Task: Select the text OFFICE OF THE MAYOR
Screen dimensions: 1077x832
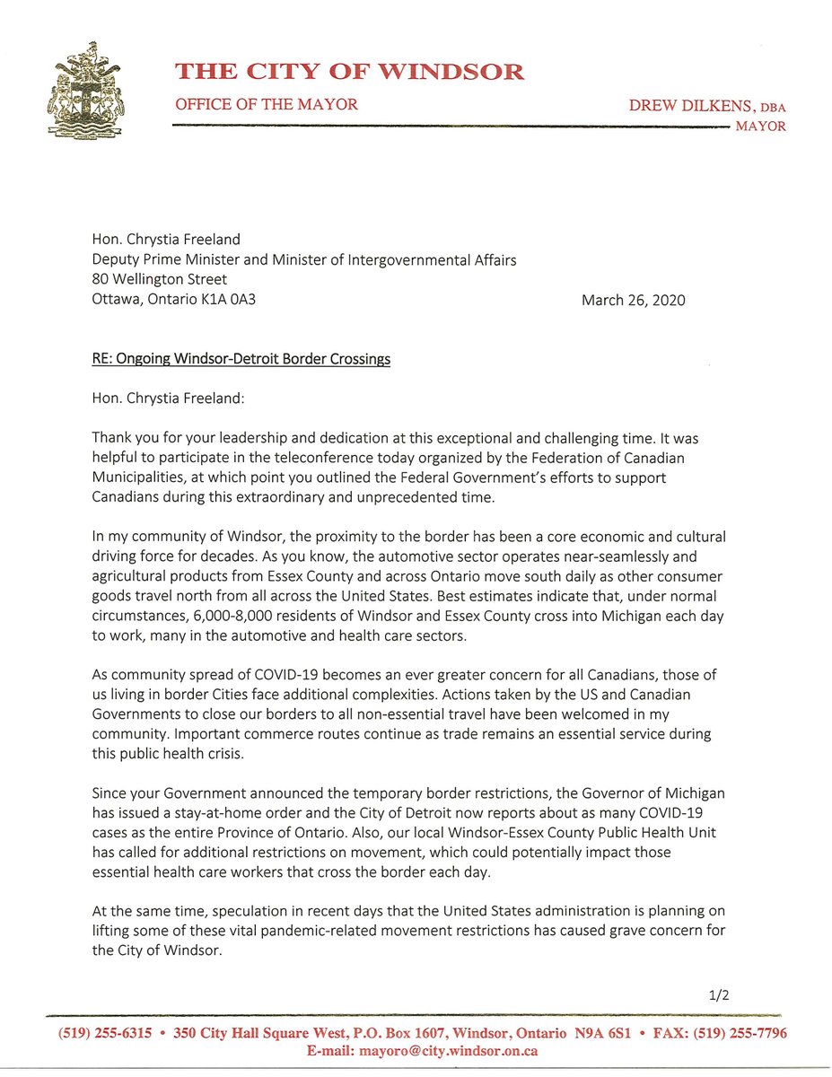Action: [267, 105]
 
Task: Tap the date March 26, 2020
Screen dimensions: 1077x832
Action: [634, 301]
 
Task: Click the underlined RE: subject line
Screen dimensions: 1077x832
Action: [241, 359]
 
